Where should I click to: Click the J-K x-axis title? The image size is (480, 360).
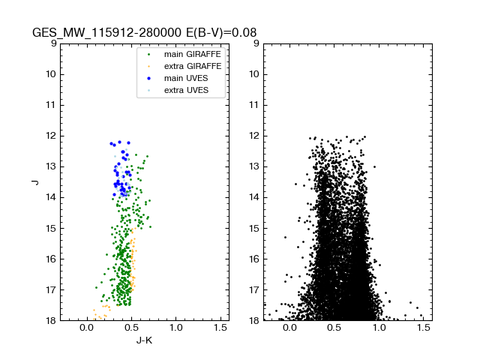144,341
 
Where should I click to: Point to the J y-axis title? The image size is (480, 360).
34,181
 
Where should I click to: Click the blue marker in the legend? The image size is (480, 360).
148,78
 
